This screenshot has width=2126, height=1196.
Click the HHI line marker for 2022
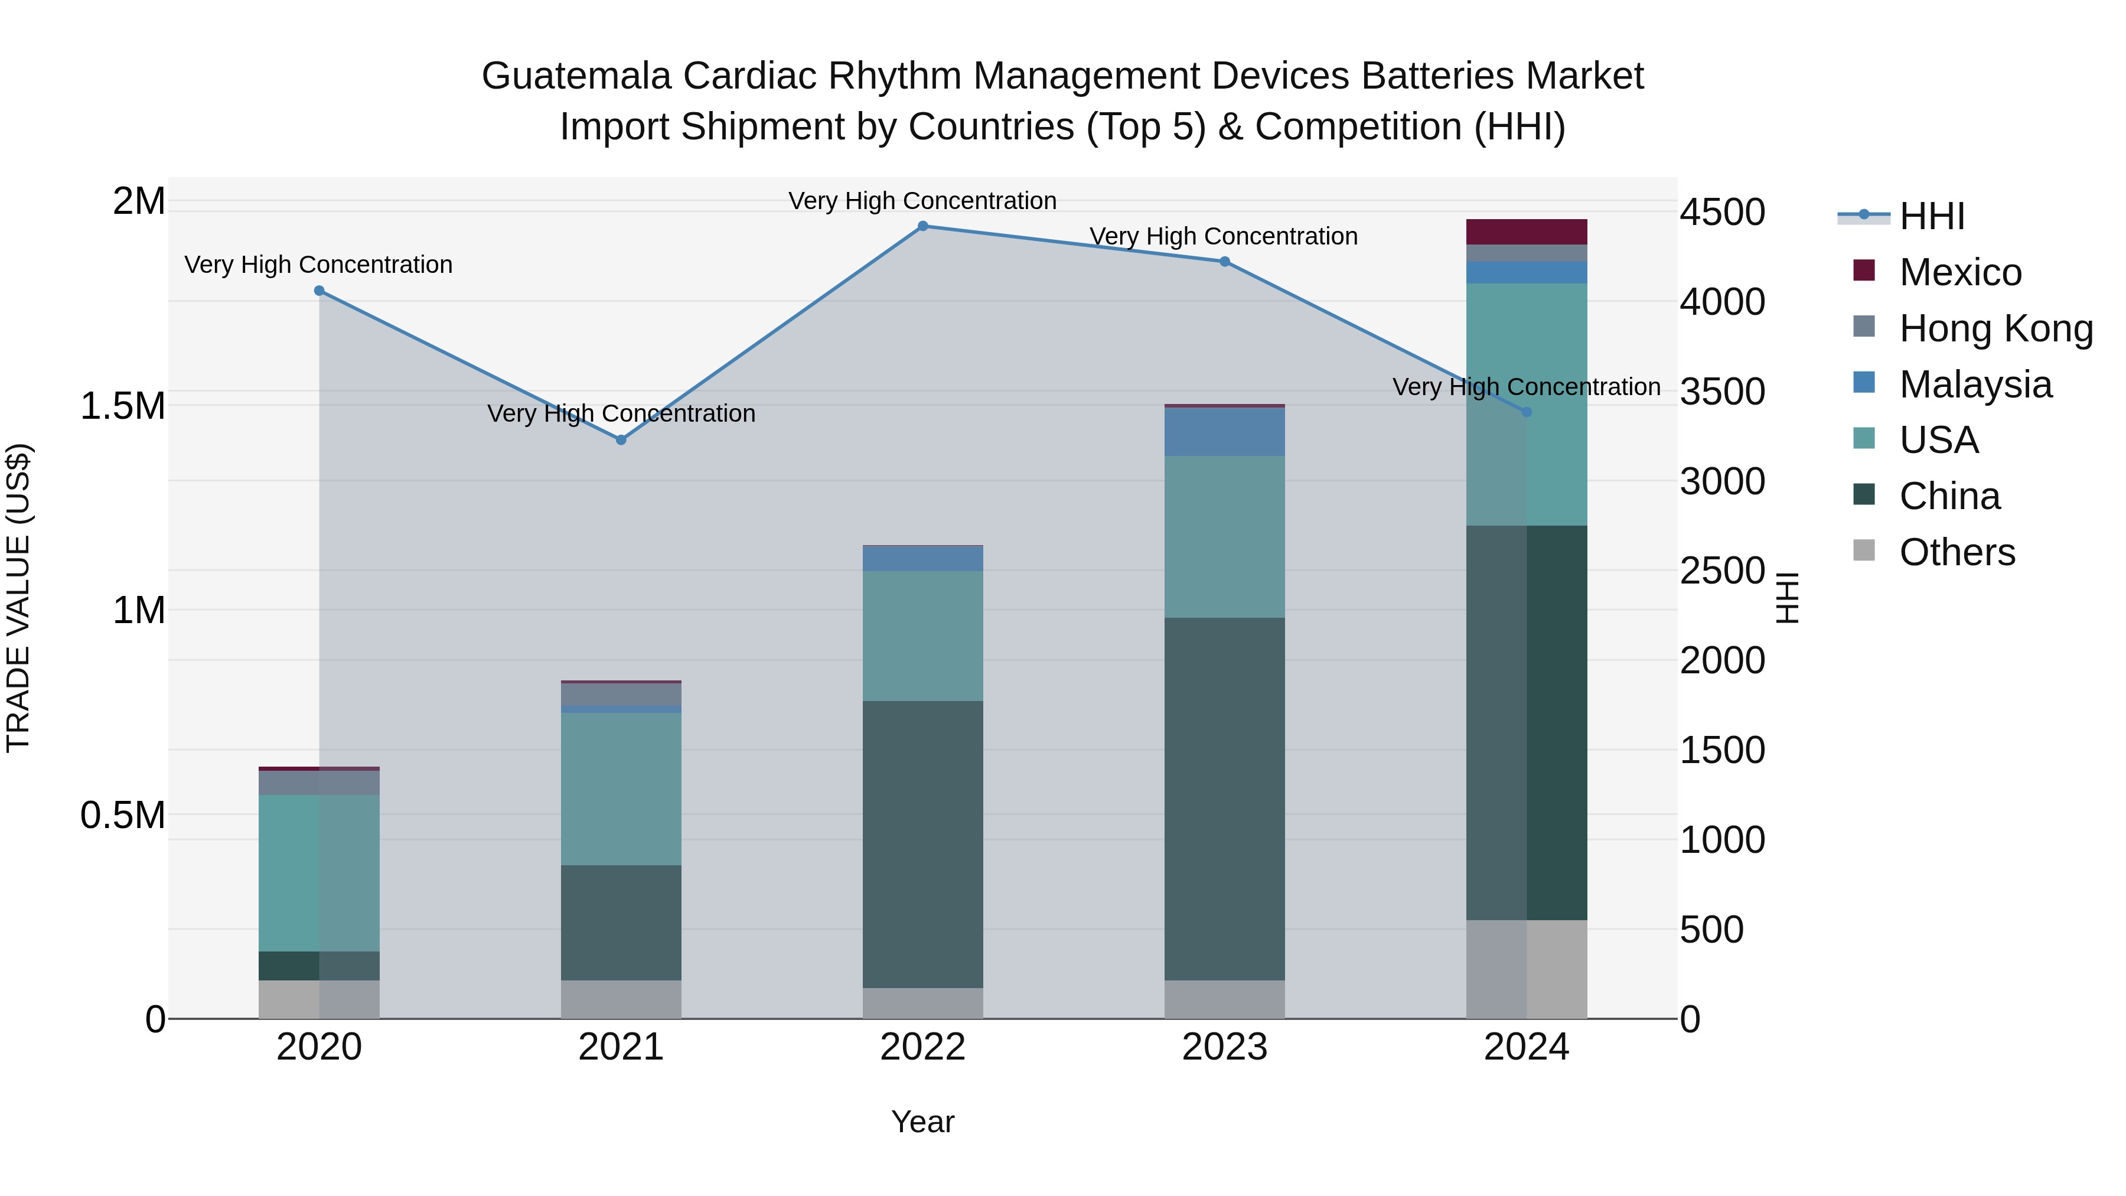tap(922, 226)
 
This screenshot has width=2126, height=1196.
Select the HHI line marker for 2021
tap(621, 440)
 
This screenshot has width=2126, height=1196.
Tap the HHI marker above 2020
tap(319, 291)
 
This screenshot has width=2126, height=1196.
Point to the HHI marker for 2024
tap(1526, 412)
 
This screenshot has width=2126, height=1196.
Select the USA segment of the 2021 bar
tap(621, 788)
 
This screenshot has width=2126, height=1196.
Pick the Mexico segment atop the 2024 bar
tap(1526, 232)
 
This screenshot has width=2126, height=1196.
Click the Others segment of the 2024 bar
tap(1526, 969)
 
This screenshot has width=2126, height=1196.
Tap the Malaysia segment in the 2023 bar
tap(1224, 432)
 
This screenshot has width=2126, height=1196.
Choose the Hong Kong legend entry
tap(1995, 328)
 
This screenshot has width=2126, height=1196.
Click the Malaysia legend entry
tap(1975, 384)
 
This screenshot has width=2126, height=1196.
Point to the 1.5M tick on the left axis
tap(123, 406)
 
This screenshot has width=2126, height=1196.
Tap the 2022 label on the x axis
tap(922, 1047)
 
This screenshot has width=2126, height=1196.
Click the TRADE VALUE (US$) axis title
tap(18, 598)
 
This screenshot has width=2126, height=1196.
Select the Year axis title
tap(922, 1122)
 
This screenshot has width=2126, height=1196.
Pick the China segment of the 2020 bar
tap(319, 966)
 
